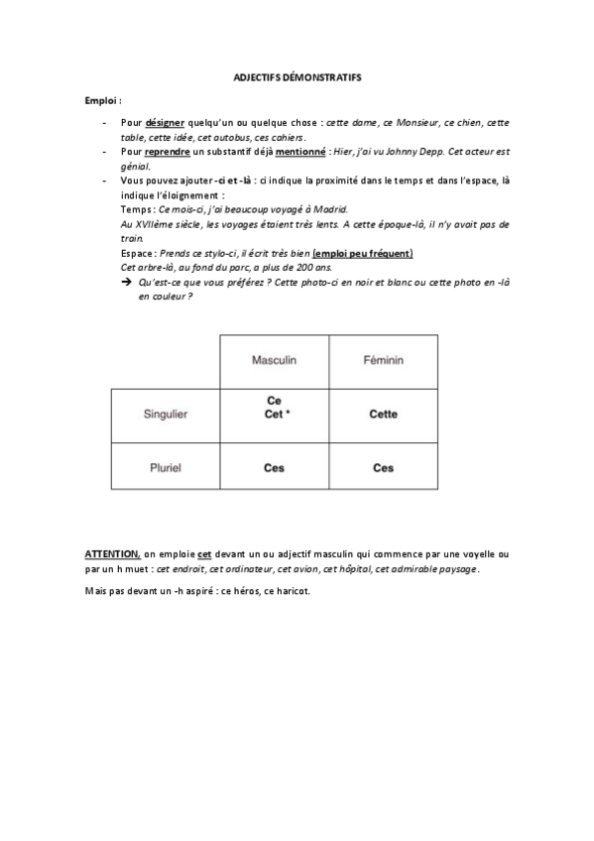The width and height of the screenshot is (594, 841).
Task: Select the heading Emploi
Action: [x=102, y=101]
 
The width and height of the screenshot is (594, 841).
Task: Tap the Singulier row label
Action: [x=165, y=415]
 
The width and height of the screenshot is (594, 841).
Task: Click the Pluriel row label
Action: [x=165, y=468]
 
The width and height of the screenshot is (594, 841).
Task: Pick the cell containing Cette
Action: [x=383, y=415]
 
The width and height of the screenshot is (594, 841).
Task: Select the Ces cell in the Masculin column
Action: [x=274, y=468]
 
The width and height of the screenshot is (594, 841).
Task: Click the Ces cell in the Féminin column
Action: [x=383, y=468]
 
